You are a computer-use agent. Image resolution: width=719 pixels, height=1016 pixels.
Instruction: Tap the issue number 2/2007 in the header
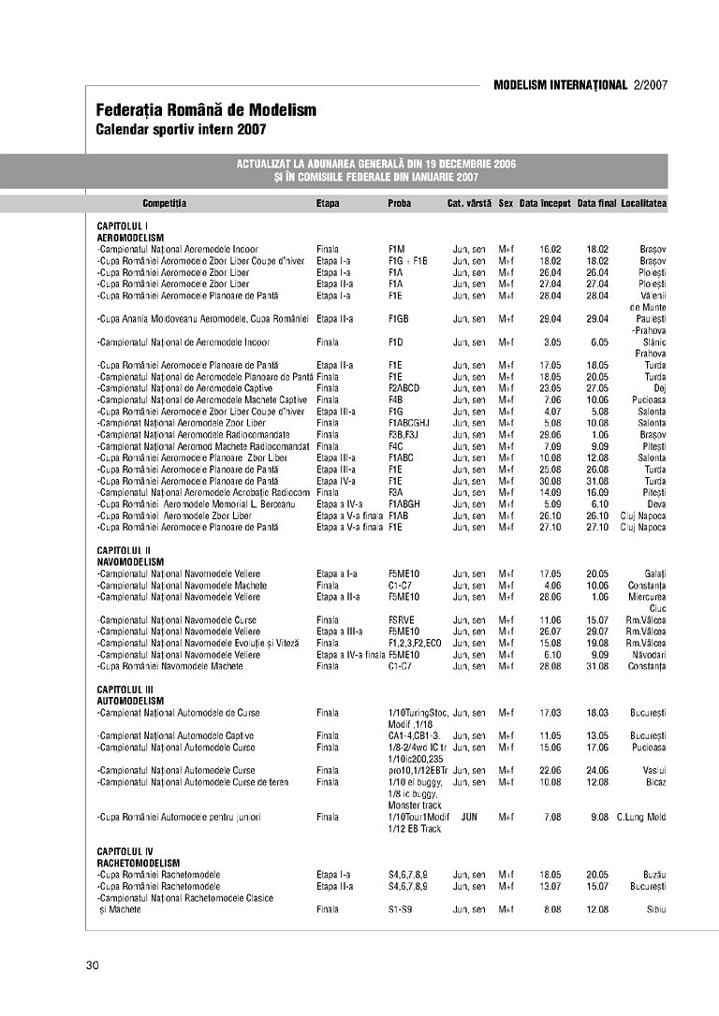[650, 85]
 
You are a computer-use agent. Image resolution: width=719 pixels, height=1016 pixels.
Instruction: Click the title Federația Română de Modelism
[206, 110]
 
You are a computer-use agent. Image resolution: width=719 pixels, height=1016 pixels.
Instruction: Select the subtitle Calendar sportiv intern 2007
[182, 128]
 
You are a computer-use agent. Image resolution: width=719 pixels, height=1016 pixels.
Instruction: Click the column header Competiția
[165, 203]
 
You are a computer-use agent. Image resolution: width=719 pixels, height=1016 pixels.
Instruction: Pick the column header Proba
[399, 203]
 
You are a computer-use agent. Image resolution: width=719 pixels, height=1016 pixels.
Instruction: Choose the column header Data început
[545, 203]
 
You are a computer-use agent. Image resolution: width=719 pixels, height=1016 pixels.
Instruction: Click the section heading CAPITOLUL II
[124, 550]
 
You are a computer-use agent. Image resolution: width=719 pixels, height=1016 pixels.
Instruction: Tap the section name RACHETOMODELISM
[139, 863]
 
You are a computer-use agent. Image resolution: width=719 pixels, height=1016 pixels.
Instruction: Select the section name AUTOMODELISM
[130, 701]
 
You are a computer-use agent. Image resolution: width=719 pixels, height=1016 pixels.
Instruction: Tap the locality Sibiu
[654, 909]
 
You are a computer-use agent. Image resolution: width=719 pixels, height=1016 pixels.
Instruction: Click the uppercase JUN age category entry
[469, 817]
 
